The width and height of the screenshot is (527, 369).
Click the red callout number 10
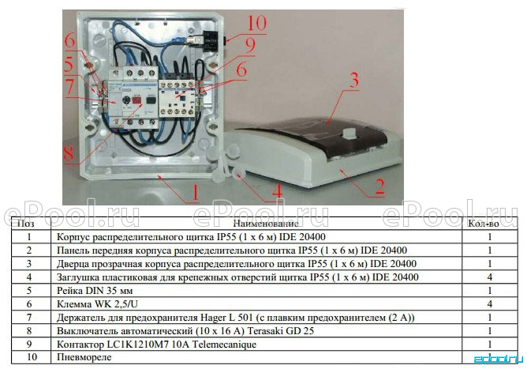coord(256,23)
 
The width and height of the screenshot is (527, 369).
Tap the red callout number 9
coord(250,46)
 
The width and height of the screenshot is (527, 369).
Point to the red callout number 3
coord(353,80)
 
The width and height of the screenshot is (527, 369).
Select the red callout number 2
coord(379,186)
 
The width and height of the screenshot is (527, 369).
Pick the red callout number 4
coord(277,191)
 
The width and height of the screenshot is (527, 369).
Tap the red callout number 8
coord(69,153)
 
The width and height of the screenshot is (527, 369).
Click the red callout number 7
coord(69,87)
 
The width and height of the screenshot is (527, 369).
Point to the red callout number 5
coord(69,65)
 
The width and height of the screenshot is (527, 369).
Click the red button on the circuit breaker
coord(137,100)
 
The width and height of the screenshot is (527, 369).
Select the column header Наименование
coord(266,224)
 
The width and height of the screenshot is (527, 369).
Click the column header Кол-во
coord(483,224)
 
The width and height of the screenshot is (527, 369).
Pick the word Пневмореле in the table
coord(84,357)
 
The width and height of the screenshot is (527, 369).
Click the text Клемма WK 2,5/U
coord(97,304)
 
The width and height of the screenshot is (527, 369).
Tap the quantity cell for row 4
coord(490,277)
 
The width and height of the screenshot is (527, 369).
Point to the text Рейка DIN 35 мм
coord(95,291)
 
